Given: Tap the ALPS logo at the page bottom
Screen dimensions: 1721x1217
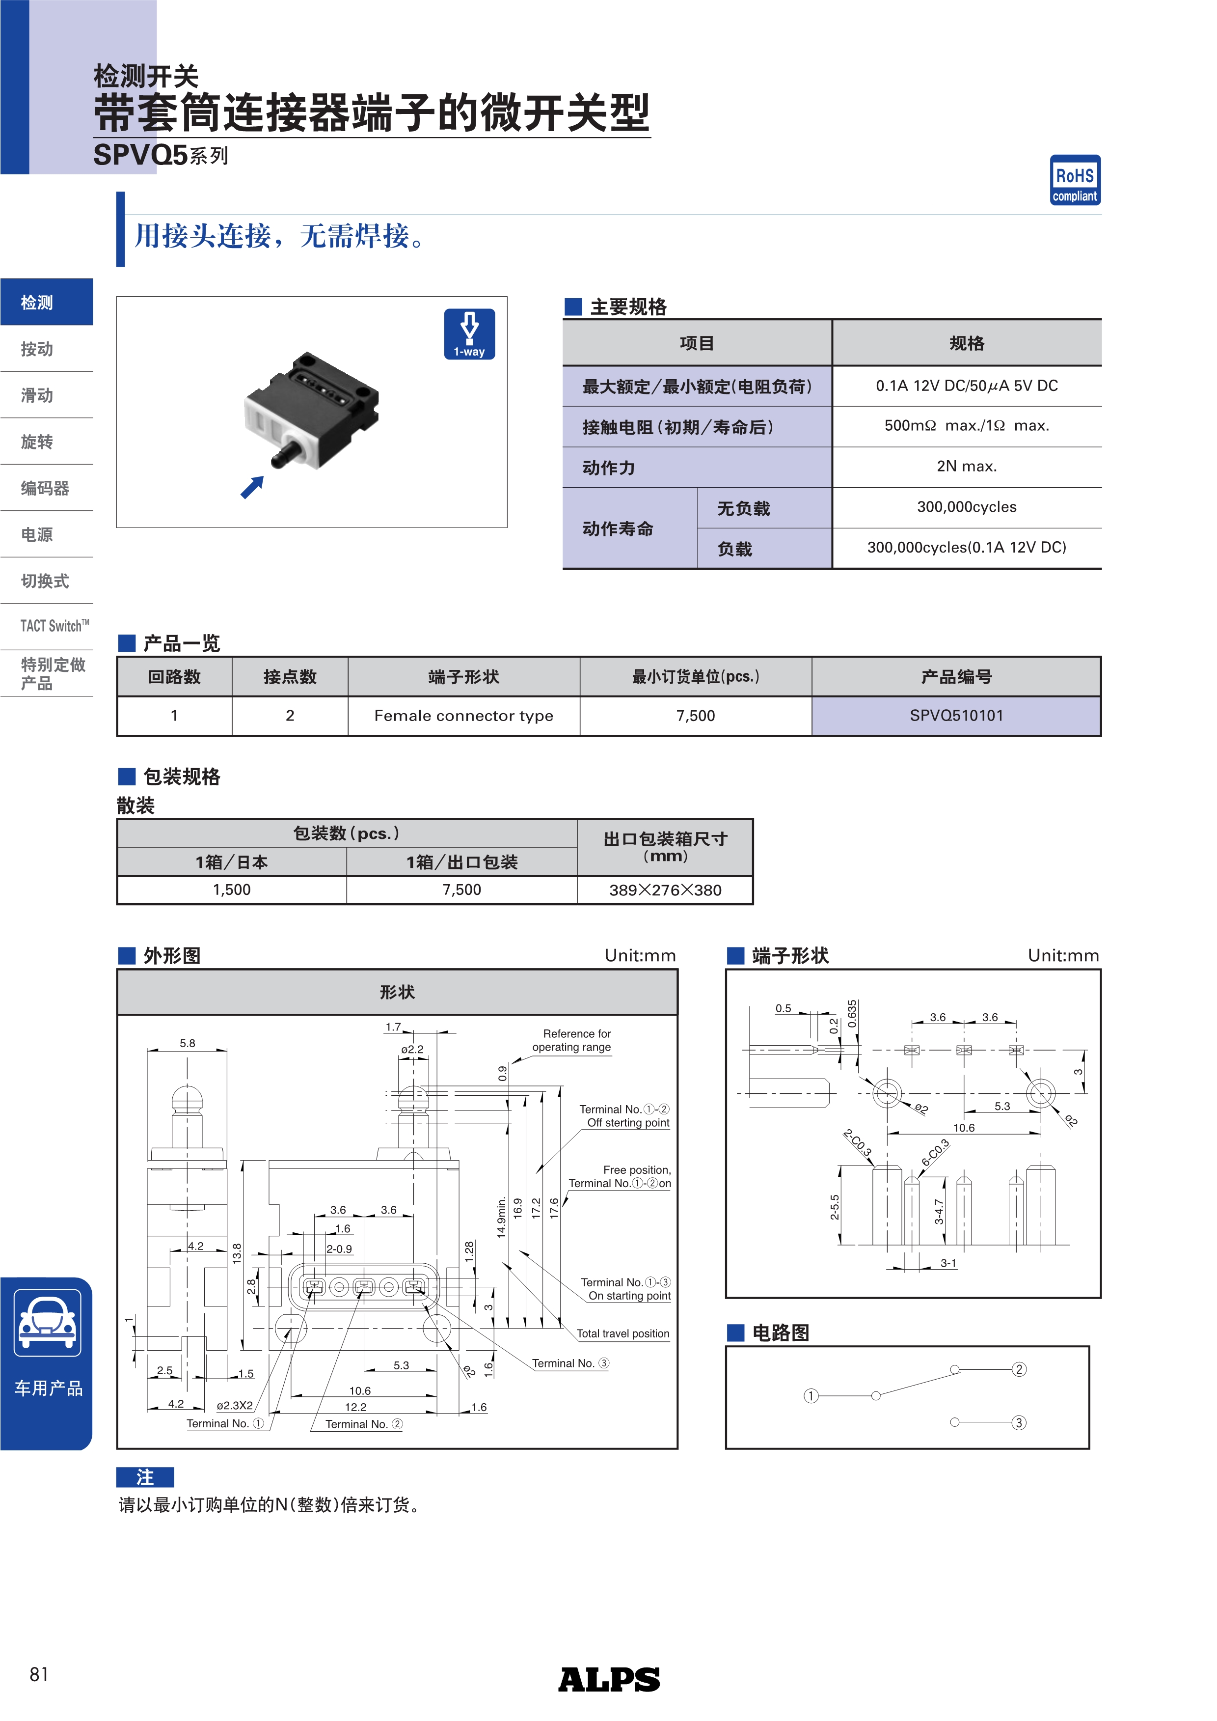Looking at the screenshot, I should click(609, 1679).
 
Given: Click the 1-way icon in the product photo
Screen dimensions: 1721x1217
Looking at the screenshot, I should click(469, 334).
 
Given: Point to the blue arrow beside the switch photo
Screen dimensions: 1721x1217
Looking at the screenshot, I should click(252, 487).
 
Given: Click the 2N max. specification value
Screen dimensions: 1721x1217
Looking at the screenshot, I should click(966, 466).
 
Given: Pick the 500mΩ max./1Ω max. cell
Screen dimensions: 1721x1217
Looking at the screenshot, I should click(966, 426).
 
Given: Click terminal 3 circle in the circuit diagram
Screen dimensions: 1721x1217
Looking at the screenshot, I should click(1018, 1423).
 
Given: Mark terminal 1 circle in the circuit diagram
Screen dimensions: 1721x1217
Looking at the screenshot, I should click(811, 1396).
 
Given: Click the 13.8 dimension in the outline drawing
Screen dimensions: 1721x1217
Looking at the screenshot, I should click(237, 1253).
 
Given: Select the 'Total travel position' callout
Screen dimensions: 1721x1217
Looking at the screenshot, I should click(623, 1333).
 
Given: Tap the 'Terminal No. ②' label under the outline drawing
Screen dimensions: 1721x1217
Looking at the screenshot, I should click(363, 1424).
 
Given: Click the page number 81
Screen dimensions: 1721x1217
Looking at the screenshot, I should click(39, 1674).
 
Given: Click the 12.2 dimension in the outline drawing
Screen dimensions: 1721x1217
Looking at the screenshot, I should click(355, 1407).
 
